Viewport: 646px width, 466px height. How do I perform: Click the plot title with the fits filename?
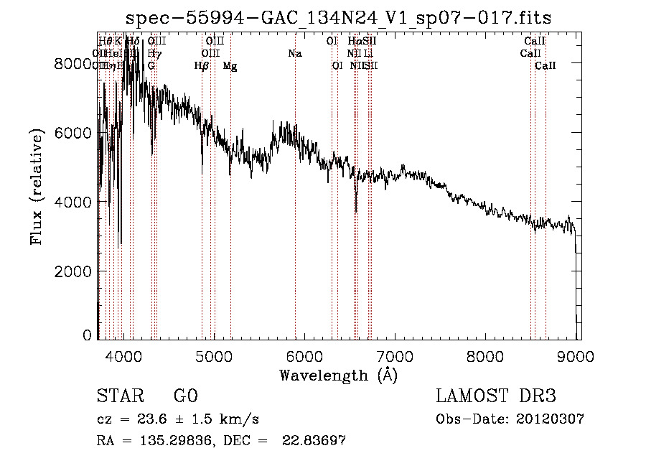pos(338,18)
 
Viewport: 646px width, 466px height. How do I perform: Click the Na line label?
pos(295,53)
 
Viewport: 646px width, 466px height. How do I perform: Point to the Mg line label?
pos(230,66)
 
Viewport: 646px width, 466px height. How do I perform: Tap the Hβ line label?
pos(202,65)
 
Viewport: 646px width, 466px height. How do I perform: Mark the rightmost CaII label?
pos(546,65)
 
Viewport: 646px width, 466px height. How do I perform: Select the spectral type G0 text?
pos(185,396)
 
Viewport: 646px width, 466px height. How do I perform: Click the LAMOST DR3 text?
pos(496,396)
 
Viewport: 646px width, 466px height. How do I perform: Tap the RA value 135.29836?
pos(172,441)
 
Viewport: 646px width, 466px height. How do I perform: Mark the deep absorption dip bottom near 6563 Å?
pos(356,212)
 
